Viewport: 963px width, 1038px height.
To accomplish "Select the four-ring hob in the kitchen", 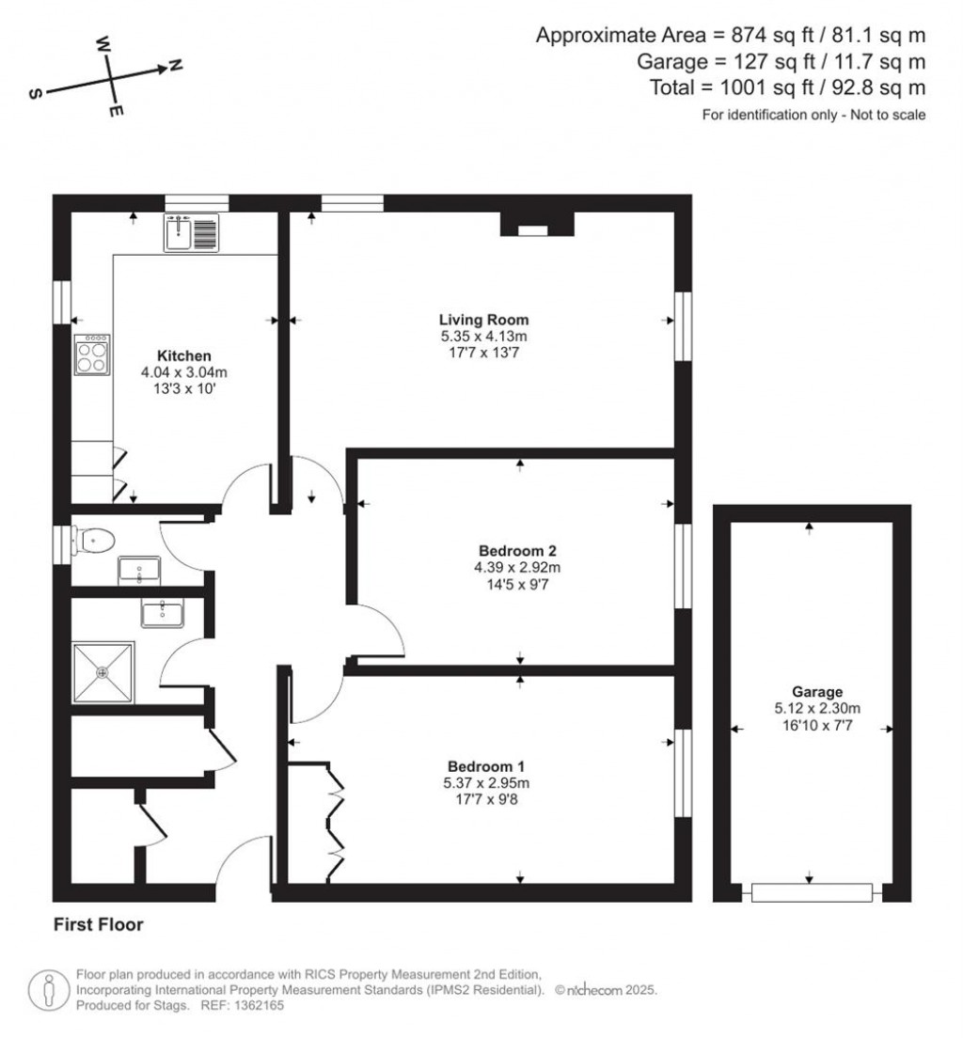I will point(93,355).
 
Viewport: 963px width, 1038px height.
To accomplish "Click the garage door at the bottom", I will point(811,891).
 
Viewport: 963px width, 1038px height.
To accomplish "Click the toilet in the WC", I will point(94,542).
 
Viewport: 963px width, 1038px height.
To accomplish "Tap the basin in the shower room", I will point(165,613).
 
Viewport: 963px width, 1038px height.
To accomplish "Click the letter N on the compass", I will point(175,66).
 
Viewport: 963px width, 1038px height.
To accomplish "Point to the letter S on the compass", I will point(35,95).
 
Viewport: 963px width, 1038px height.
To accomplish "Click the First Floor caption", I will point(98,925).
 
